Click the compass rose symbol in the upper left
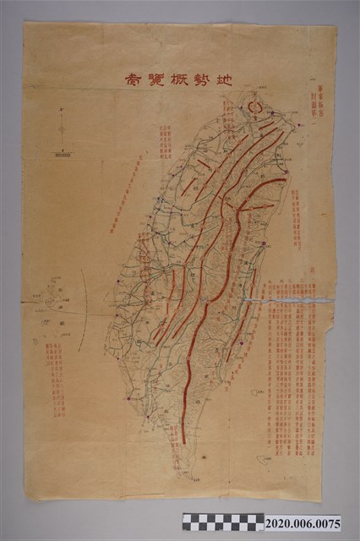[60, 128]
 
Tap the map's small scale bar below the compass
[60, 154]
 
